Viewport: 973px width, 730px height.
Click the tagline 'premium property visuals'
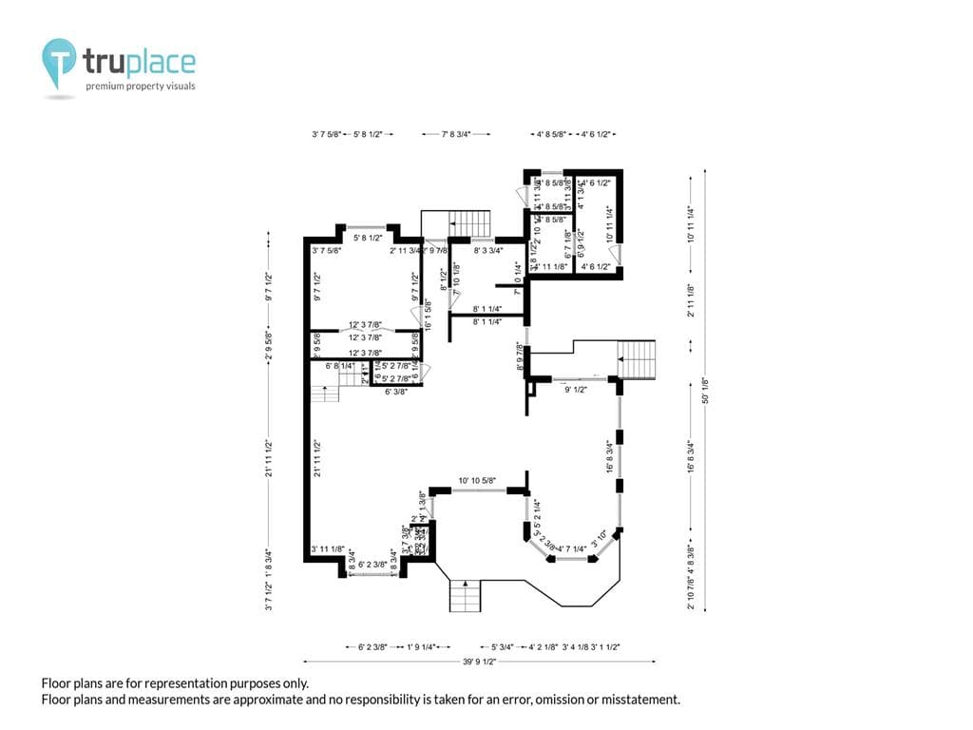click(141, 86)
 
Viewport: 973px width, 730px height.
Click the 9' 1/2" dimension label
click(575, 390)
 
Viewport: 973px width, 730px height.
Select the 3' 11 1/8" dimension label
click(329, 549)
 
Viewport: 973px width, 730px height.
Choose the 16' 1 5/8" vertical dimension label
click(429, 314)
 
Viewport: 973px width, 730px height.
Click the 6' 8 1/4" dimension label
click(340, 366)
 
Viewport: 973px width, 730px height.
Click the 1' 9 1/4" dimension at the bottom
click(422, 647)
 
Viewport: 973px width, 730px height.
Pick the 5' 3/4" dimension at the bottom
click(503, 647)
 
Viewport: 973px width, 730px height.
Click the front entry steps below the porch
click(466, 598)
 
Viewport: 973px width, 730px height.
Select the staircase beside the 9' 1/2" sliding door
click(637, 359)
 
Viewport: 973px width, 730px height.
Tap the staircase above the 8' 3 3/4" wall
click(469, 224)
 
